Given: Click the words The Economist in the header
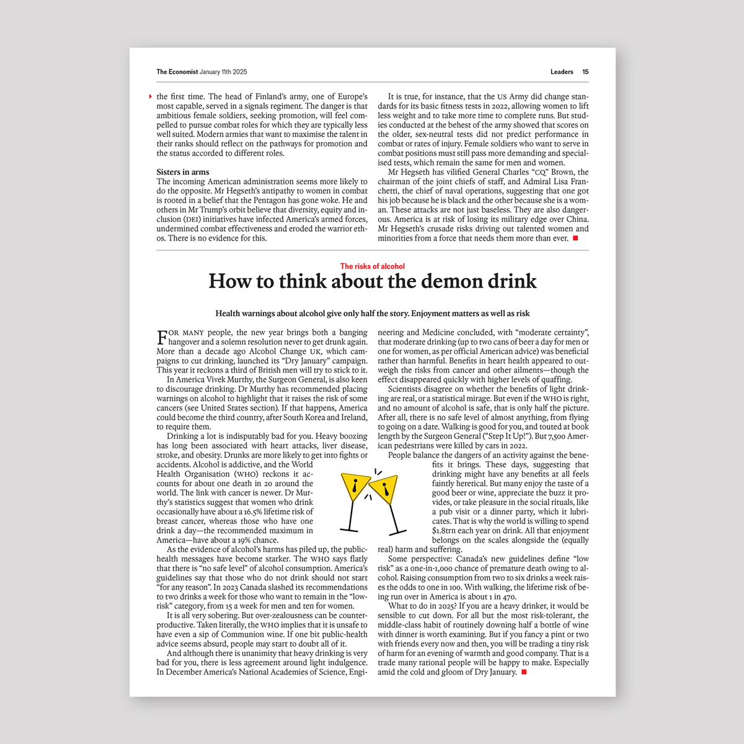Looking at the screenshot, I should click(177, 72).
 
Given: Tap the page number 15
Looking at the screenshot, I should click(585, 72).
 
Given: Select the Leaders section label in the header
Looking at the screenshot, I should click(562, 72).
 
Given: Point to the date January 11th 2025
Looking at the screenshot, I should click(223, 72).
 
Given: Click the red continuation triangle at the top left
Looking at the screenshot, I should click(151, 97).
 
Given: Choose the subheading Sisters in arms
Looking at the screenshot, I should click(183, 172).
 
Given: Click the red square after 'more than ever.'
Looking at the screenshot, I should click(575, 238).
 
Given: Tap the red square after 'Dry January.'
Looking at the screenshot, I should click(524, 672).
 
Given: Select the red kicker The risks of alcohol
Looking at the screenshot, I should click(372, 267).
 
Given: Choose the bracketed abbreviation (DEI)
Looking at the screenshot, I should click(192, 219).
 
